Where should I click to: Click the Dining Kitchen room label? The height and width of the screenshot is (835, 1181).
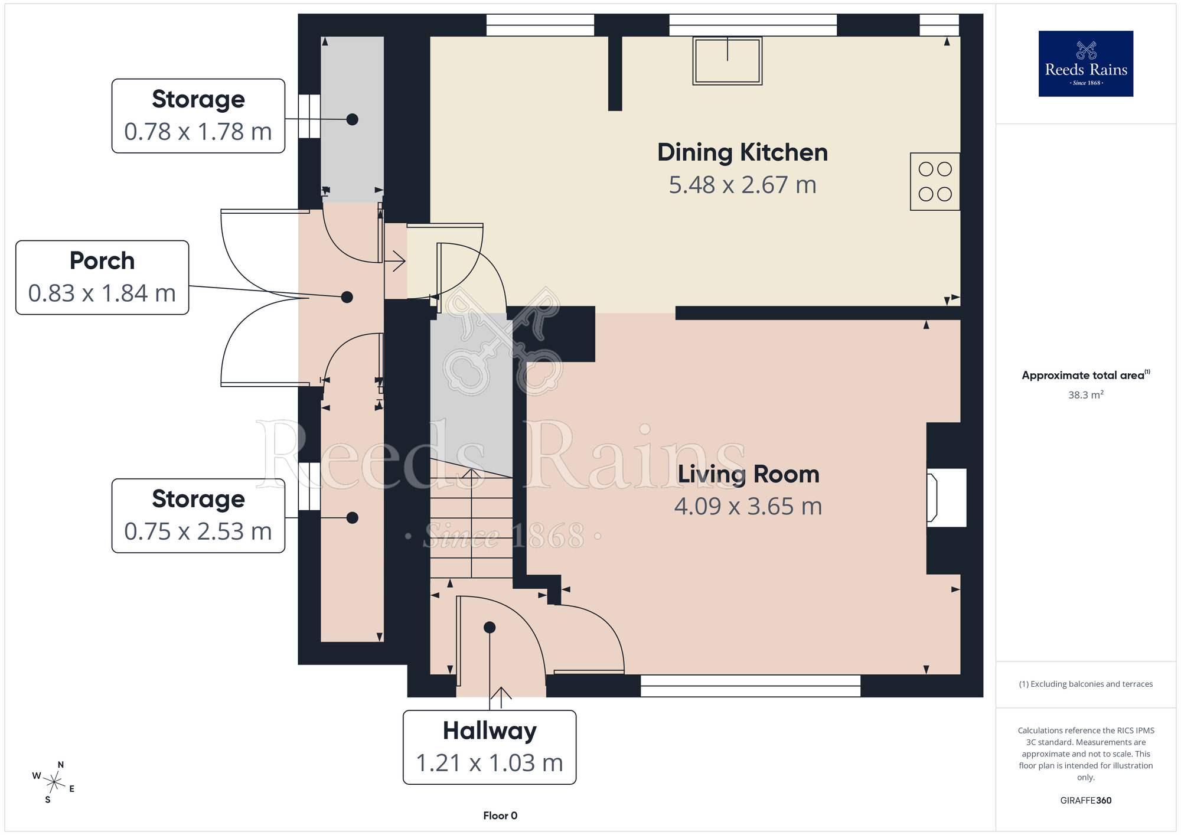pyautogui.click(x=742, y=152)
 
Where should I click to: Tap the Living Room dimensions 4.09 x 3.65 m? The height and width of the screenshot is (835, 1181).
pyautogui.click(x=748, y=507)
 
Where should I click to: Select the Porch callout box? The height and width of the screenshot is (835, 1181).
pyautogui.click(x=102, y=278)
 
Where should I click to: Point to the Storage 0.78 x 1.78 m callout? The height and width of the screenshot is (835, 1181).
pyautogui.click(x=198, y=116)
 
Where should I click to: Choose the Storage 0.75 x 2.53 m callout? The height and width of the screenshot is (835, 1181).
pyautogui.click(x=198, y=516)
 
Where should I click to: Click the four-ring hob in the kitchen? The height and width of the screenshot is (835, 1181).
pyautogui.click(x=935, y=182)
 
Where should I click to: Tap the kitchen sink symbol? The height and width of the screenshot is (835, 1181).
pyautogui.click(x=727, y=61)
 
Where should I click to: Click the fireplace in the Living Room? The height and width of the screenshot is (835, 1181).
pyautogui.click(x=947, y=497)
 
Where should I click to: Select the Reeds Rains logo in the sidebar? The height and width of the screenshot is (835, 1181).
pyautogui.click(x=1086, y=64)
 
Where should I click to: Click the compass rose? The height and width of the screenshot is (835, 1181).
pyautogui.click(x=54, y=782)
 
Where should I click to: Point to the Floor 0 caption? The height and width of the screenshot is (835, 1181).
pyautogui.click(x=500, y=816)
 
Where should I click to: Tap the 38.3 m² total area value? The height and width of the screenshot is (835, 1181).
pyautogui.click(x=1085, y=394)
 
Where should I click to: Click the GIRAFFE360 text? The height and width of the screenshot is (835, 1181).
pyautogui.click(x=1086, y=801)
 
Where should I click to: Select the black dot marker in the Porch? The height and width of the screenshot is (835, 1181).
pyautogui.click(x=347, y=297)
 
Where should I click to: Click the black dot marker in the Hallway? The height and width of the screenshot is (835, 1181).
pyautogui.click(x=490, y=628)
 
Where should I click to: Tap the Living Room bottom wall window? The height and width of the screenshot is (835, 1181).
pyautogui.click(x=751, y=686)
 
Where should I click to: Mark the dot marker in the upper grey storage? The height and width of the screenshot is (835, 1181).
pyautogui.click(x=353, y=119)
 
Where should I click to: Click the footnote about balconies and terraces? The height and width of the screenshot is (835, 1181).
pyautogui.click(x=1086, y=684)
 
